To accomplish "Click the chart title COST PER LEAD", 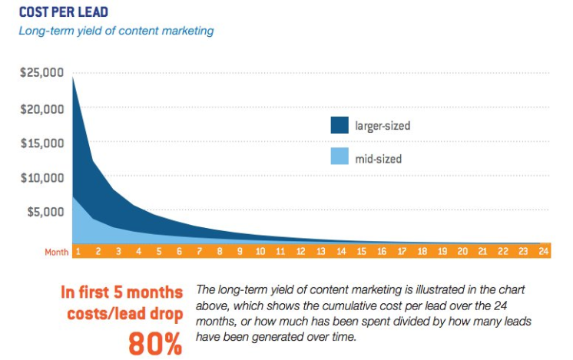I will [x=65, y=12].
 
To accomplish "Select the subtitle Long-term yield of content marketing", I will [x=117, y=31].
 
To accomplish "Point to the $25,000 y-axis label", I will [x=41, y=74].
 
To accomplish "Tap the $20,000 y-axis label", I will [x=41, y=108].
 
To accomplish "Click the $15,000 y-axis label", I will [x=41, y=143].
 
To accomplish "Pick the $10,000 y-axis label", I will [x=41, y=177].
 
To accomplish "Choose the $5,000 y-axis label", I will [x=45, y=211].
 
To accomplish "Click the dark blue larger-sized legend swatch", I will [x=339, y=124].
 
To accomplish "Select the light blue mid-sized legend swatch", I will [x=339, y=157].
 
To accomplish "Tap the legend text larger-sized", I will [x=383, y=125].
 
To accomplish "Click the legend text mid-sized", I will [x=378, y=159].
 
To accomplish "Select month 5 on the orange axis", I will [x=158, y=251].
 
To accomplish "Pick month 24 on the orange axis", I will [x=543, y=251].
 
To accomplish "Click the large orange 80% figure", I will [x=155, y=342].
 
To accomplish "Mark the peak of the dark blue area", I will [x=73, y=77].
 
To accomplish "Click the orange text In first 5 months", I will [x=122, y=292].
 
